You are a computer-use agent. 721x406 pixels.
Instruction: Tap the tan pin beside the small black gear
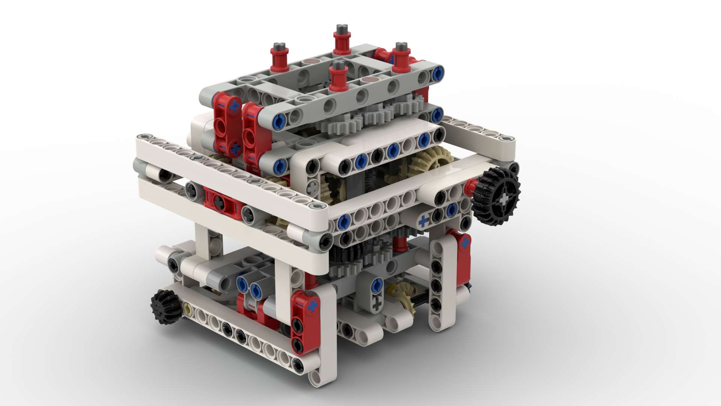click(188, 310)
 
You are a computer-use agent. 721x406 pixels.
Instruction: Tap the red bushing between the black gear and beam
click(469, 186)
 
